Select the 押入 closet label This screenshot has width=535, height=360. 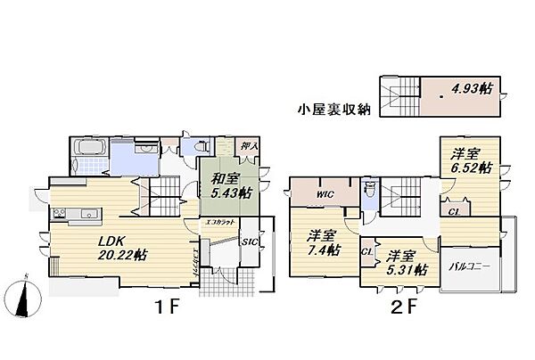[250, 145]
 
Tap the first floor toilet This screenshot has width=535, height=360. [190, 147]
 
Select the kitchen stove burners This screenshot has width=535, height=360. [61, 213]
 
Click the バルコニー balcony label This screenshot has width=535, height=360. [470, 265]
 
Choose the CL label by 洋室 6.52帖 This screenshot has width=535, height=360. [455, 211]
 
